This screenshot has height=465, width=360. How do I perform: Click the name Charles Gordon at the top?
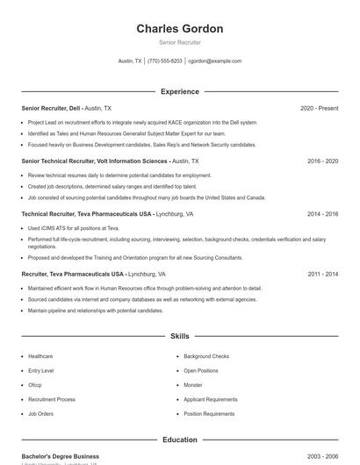[x=179, y=28]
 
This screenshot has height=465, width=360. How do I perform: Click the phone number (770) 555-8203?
[x=165, y=61]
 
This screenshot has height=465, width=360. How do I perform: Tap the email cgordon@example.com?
[x=215, y=61]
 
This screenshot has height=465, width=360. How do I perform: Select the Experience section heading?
[x=179, y=91]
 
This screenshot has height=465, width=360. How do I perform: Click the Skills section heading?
[x=179, y=336]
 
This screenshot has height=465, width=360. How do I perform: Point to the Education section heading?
[x=179, y=440]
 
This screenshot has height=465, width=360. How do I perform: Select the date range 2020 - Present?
[x=319, y=108]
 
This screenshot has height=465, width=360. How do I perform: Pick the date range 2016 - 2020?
[x=322, y=161]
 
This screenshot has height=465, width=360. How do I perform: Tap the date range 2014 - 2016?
[x=322, y=214]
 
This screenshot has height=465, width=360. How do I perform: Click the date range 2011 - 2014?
[x=322, y=274]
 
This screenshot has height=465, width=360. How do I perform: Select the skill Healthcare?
[x=40, y=356]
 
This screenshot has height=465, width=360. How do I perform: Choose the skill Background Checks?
[x=206, y=356]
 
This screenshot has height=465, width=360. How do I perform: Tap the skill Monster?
[x=193, y=385]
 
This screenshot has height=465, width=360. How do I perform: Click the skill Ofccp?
[x=35, y=385]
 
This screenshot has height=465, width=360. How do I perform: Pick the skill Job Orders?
[x=40, y=413]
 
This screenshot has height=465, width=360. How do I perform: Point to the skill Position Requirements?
[x=210, y=413]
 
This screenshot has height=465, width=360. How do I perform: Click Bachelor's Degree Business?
[x=60, y=456]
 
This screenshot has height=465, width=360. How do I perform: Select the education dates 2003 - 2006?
[x=322, y=456]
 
